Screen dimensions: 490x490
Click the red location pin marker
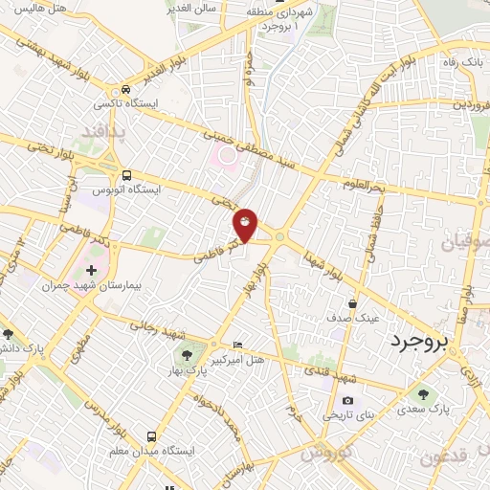click(246, 223)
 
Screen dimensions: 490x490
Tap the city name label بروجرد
click(422, 342)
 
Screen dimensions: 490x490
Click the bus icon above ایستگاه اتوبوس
click(127, 174)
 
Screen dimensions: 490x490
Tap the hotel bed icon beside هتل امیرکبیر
click(238, 345)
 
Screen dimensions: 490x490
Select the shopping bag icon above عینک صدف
click(352, 303)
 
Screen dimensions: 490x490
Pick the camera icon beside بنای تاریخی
click(346, 400)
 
